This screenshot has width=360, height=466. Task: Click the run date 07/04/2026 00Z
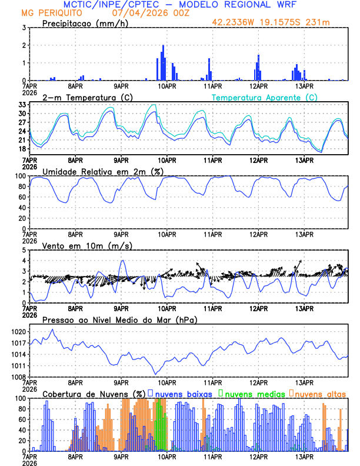tap(136, 12)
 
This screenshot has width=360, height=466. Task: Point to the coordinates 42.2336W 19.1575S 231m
tap(279, 23)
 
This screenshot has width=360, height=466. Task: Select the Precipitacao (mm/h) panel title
tap(84, 23)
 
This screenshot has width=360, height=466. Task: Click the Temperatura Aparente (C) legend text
tap(264, 97)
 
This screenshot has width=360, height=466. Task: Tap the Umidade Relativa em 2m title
tap(103, 171)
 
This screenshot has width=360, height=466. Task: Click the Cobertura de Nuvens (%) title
tap(94, 393)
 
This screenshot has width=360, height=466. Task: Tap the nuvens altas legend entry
tap(320, 393)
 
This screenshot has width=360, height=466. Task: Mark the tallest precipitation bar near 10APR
tap(163, 62)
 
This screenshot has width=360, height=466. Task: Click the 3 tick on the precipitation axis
tap(24, 28)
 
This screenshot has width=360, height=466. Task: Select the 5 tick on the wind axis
tap(24, 250)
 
